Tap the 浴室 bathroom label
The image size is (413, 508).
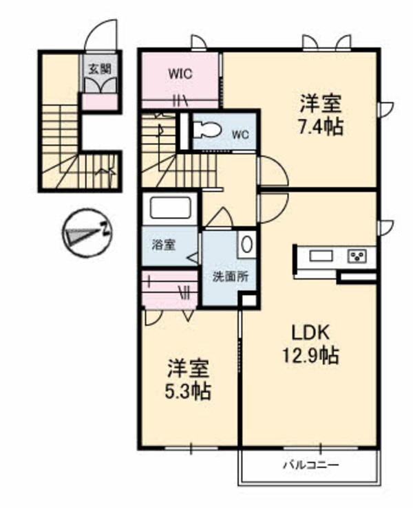(x=164, y=244)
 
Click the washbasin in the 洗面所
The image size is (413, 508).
(x=247, y=244)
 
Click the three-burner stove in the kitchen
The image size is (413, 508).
(x=358, y=256)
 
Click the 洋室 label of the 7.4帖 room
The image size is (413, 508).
(x=321, y=105)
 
